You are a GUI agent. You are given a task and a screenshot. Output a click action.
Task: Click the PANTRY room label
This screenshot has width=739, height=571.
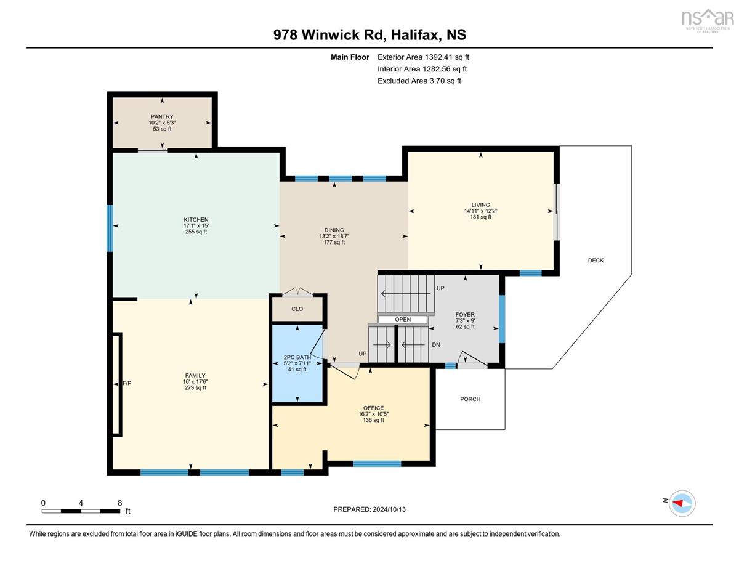click(162, 116)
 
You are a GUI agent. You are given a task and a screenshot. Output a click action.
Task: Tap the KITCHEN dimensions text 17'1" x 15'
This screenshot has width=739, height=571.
click(196, 225)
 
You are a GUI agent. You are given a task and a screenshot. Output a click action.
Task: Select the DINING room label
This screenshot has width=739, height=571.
click(334, 230)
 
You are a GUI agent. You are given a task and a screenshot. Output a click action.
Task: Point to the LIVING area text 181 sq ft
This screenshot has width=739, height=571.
click(480, 217)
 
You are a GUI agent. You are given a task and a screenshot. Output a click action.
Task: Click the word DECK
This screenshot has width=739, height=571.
click(596, 260)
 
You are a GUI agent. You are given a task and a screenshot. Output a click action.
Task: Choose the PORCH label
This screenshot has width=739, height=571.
click(470, 399)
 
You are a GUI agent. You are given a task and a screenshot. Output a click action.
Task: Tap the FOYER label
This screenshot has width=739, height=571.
click(465, 315)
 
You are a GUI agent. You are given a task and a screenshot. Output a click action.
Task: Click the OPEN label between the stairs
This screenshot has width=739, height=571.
click(403, 319)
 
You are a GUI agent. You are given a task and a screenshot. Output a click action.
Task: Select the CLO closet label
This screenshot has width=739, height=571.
click(297, 309)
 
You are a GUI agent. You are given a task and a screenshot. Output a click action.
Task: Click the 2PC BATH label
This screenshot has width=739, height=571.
click(297, 357)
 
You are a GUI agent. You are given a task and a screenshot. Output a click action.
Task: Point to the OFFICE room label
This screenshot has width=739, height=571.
click(373, 408)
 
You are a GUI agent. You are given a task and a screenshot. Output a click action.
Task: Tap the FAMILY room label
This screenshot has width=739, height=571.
click(195, 376)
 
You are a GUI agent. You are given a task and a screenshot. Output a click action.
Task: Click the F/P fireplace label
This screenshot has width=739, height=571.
click(127, 383)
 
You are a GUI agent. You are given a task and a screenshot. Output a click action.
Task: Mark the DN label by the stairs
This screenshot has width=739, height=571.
click(436, 344)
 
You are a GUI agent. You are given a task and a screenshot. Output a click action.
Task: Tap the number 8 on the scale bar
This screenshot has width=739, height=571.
click(119, 503)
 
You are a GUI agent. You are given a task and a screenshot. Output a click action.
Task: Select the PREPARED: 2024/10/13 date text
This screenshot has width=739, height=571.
click(369, 509)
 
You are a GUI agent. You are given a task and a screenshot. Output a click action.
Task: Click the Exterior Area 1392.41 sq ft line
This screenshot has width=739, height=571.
click(423, 57)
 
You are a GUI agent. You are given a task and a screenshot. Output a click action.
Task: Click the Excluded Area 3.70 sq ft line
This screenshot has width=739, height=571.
click(419, 81)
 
